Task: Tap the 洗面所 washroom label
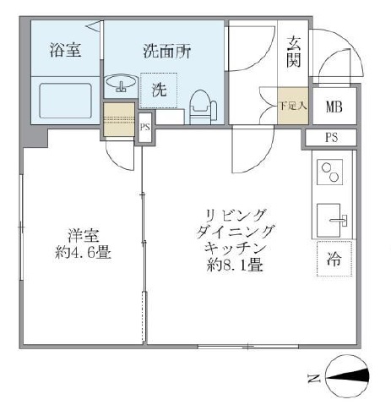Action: (166, 50)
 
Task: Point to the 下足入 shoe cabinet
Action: (293, 106)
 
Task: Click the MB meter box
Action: (334, 107)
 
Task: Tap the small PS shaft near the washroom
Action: (145, 128)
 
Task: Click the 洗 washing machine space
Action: (160, 89)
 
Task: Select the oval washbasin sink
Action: (123, 85)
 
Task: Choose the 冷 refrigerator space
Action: (334, 260)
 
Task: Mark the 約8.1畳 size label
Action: (234, 265)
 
